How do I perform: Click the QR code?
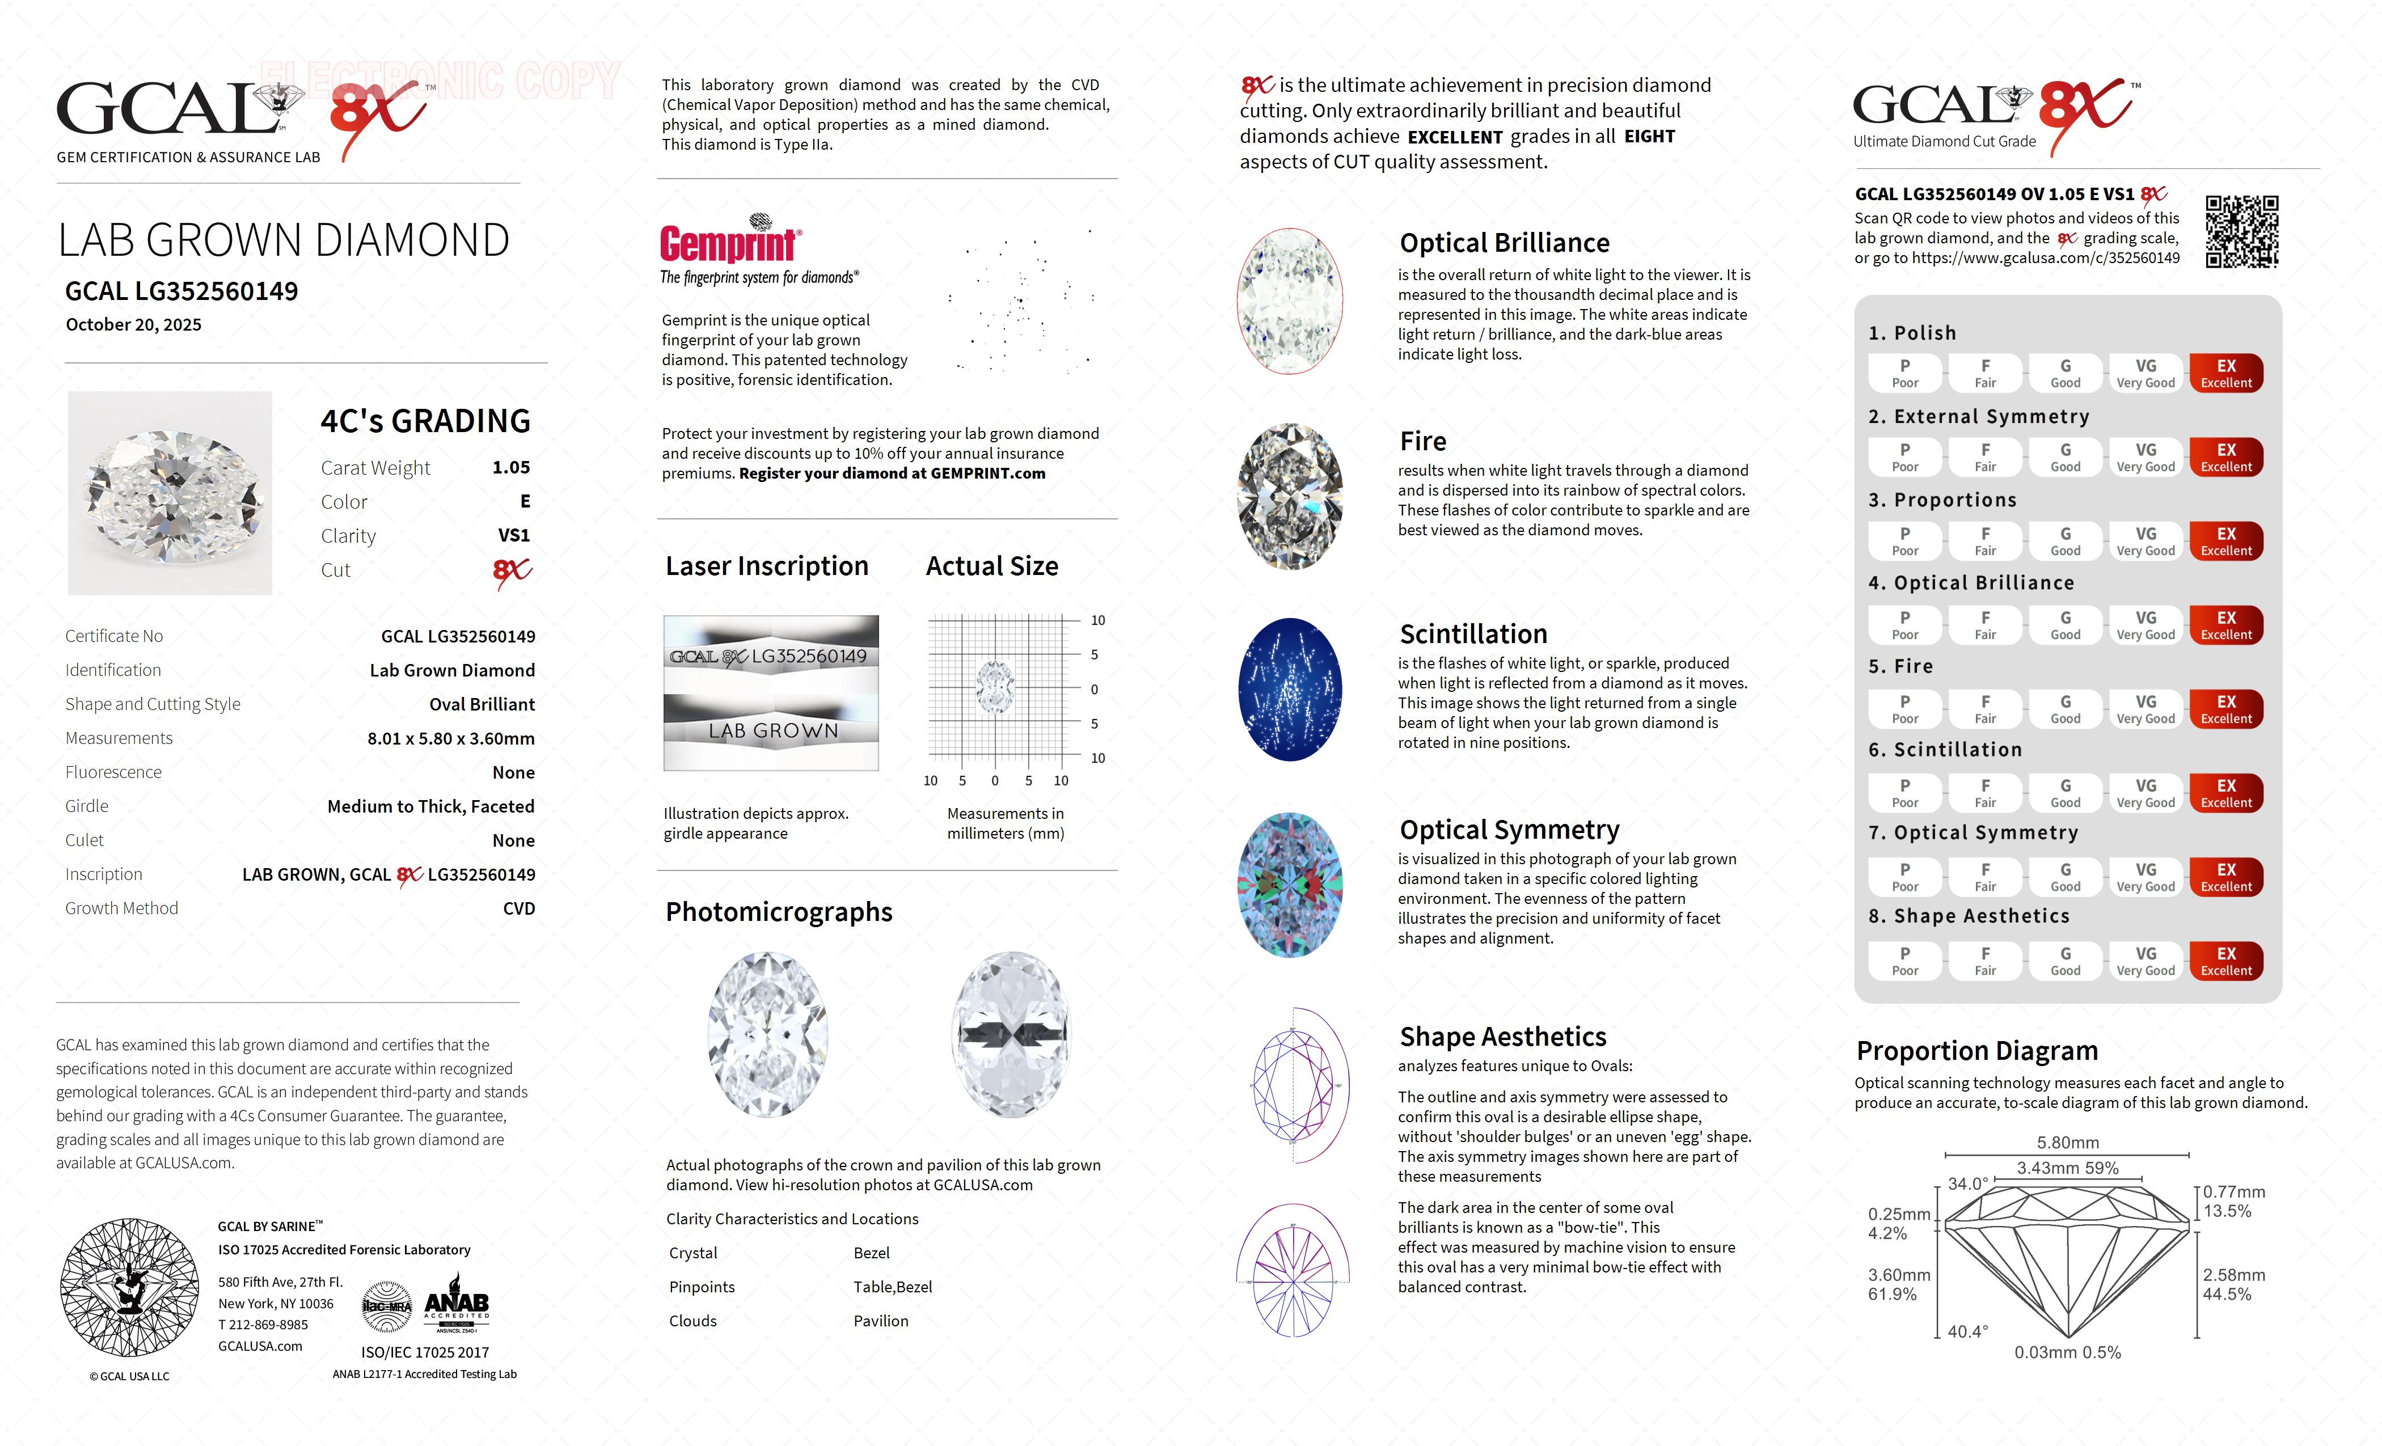click(x=2241, y=232)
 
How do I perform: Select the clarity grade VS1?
click(x=513, y=535)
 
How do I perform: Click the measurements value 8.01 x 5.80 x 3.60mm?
click(x=450, y=738)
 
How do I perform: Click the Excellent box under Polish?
click(x=2225, y=373)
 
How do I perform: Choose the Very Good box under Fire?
click(x=2145, y=708)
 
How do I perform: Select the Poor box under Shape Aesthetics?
click(x=1904, y=961)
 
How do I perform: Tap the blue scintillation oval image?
click(x=1290, y=689)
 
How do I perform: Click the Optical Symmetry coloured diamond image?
click(x=1290, y=885)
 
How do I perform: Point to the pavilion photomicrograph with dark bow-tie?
click(x=1011, y=1034)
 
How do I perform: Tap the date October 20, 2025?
click(x=133, y=325)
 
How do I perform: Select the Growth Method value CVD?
click(x=518, y=908)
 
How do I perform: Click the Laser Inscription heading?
click(x=767, y=566)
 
